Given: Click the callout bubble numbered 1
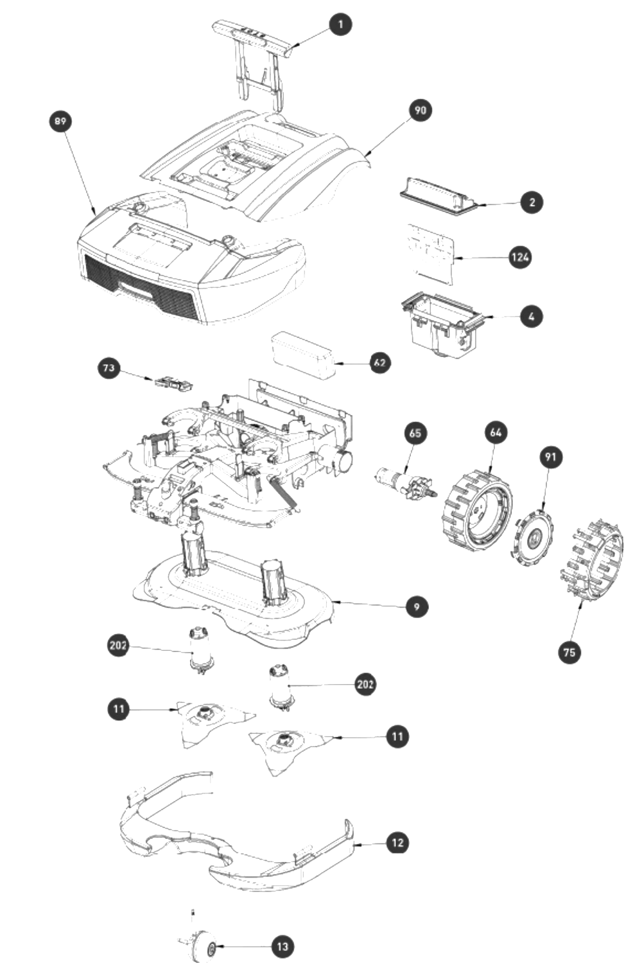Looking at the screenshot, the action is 340,24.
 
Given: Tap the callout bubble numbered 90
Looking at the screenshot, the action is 420,110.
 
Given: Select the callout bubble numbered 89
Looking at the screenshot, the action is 60,121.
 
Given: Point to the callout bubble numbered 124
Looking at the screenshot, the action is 520,257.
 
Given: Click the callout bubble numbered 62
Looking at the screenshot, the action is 380,363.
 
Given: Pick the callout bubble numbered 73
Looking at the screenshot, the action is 108,368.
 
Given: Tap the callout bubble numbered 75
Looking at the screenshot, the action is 569,653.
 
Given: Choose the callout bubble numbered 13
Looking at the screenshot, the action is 282,947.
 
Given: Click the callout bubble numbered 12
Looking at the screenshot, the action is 397,843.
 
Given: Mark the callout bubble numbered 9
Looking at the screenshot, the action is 417,606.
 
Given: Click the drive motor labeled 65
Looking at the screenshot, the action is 406,484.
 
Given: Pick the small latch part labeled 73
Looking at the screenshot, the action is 173,383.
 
